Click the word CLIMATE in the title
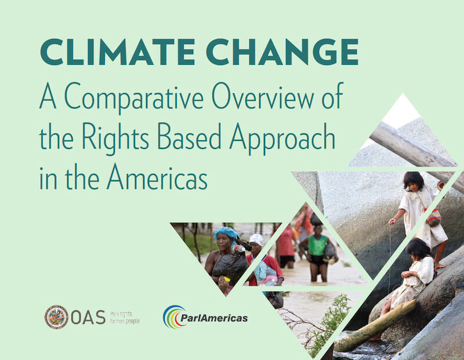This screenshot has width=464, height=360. (x=117, y=52)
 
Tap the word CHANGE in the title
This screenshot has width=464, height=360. (x=282, y=52)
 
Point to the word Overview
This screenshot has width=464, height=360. (x=263, y=96)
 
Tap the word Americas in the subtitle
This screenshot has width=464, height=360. (x=157, y=177)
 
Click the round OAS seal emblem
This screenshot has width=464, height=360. (x=56, y=317)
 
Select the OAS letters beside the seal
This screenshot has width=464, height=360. (x=88, y=318)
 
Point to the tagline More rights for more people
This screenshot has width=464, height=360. (x=125, y=318)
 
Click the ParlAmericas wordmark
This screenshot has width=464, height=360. (x=214, y=318)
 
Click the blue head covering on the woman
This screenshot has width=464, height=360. (x=226, y=233)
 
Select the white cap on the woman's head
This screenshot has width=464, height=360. (x=256, y=239)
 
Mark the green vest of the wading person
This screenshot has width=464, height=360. (x=317, y=245)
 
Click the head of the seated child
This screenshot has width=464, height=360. (x=418, y=250)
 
